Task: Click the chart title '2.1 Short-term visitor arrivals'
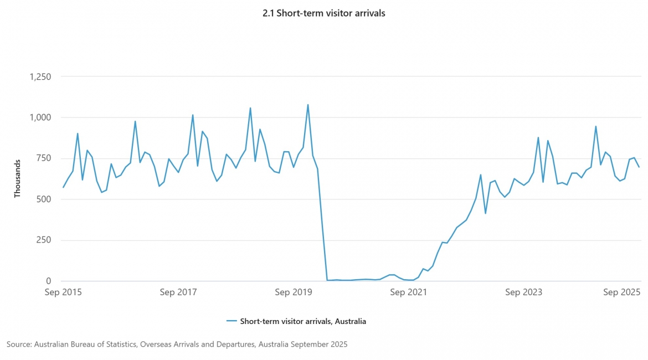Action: (323, 13)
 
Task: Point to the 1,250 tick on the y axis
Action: (40, 76)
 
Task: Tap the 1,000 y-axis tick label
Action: (40, 117)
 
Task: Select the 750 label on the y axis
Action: (43, 158)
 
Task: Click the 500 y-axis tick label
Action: (43, 199)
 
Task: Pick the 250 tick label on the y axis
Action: (43, 240)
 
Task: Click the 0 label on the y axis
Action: (49, 281)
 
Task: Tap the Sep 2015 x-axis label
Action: (63, 292)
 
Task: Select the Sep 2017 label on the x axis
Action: (178, 292)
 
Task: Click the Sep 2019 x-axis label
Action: (294, 292)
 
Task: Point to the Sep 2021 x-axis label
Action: (408, 292)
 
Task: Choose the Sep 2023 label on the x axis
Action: (523, 292)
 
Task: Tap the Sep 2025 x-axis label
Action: (621, 292)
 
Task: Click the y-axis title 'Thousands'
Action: (17, 178)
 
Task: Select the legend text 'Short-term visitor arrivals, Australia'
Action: (303, 321)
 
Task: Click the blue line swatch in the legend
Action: (232, 321)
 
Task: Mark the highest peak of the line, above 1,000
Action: (308, 105)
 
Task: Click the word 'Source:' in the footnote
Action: (19, 344)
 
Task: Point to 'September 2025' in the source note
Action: (319, 344)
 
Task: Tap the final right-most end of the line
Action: (639, 167)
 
